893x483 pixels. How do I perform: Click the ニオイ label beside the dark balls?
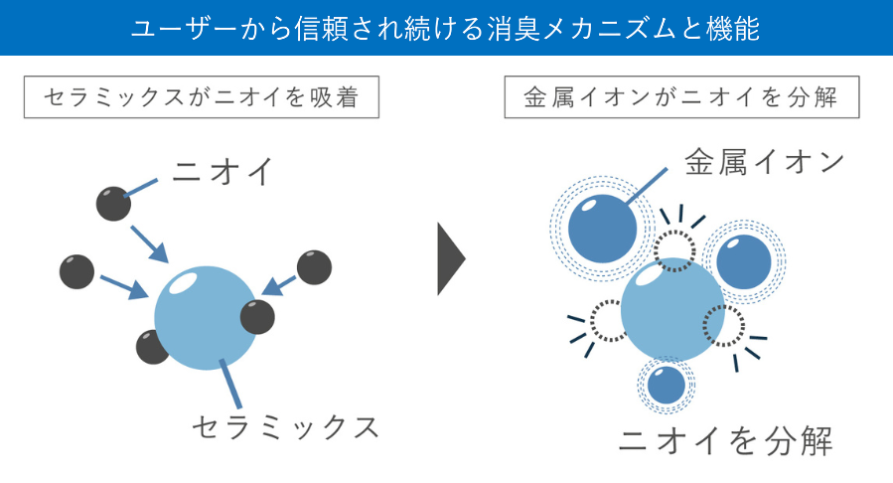[221, 172]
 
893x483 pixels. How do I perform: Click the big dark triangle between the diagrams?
[450, 258]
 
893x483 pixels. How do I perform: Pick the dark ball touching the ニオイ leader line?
[113, 203]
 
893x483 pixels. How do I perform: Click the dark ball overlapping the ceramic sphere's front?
[257, 317]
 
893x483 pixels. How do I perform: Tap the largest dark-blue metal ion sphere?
[603, 228]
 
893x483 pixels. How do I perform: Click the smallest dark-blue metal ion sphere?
[666, 384]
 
